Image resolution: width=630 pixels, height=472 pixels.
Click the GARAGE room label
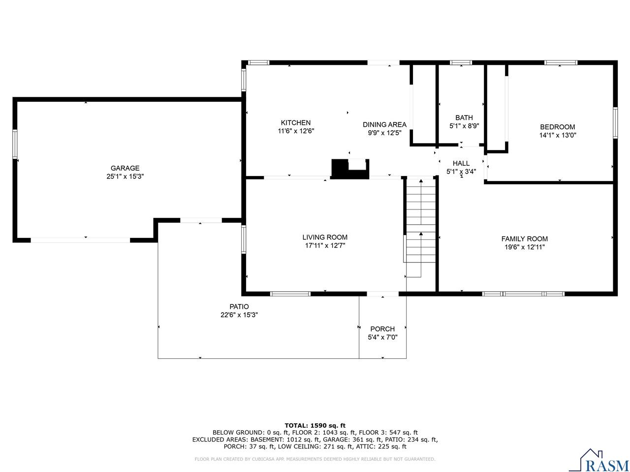click(x=125, y=168)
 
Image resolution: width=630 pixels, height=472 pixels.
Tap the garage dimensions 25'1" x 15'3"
click(x=125, y=177)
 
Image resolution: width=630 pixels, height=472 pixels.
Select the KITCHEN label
click(x=295, y=123)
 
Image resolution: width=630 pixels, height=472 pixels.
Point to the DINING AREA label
click(x=384, y=124)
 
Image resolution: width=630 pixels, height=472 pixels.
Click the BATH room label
click(x=464, y=118)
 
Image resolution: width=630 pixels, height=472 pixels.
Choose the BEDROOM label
click(x=557, y=127)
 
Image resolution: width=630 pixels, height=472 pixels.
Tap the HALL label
click(x=461, y=163)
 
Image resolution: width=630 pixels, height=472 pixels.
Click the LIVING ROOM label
click(x=325, y=237)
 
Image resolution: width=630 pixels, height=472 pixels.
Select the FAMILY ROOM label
click(x=524, y=239)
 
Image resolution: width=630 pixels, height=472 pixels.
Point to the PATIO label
click(x=239, y=307)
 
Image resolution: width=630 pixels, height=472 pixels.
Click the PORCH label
click(x=382, y=329)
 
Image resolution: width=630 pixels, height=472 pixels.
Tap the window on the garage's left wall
click(x=15, y=144)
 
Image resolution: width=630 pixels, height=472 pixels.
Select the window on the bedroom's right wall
click(x=615, y=123)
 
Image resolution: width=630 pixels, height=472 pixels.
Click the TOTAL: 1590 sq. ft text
click(x=315, y=425)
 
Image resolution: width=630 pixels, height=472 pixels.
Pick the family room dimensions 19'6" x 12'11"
click(x=524, y=247)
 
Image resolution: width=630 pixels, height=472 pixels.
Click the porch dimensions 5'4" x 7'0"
click(x=382, y=337)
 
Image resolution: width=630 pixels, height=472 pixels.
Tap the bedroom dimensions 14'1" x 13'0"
click(x=557, y=135)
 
